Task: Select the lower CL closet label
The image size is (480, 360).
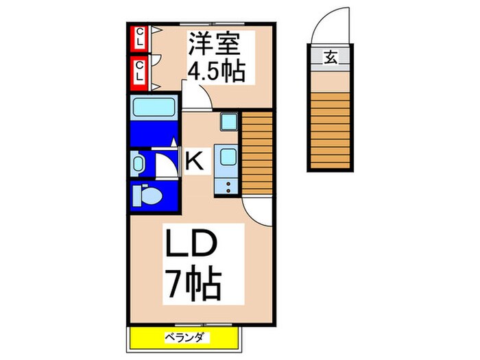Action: click(x=139, y=71)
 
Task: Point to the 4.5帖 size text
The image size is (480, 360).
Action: click(x=217, y=71)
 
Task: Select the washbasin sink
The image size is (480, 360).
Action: click(x=139, y=165)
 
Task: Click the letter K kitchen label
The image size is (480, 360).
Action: click(x=195, y=163)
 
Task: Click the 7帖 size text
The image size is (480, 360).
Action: click(x=193, y=282)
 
